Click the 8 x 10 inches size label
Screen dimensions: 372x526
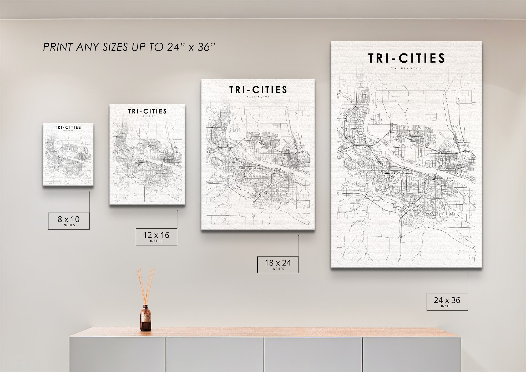click(69, 221)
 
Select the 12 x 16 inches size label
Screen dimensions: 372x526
click(156, 237)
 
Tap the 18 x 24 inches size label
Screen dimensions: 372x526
click(278, 264)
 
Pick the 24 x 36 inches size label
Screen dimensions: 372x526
click(447, 302)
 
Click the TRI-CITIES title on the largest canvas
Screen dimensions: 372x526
click(406, 58)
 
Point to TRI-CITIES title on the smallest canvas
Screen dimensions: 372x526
click(68, 127)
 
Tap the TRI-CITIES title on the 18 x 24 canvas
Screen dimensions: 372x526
click(258, 90)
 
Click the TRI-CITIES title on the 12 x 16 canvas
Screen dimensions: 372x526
click(147, 111)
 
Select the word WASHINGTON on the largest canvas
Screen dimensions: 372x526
click(406, 68)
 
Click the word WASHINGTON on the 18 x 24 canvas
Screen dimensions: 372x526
click(258, 97)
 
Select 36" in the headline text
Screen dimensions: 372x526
click(206, 47)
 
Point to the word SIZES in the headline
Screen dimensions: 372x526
click(115, 47)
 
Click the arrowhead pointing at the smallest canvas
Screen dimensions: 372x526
click(89, 192)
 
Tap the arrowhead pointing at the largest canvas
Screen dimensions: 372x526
click(468, 273)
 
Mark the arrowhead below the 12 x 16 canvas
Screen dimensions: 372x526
click(177, 210)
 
